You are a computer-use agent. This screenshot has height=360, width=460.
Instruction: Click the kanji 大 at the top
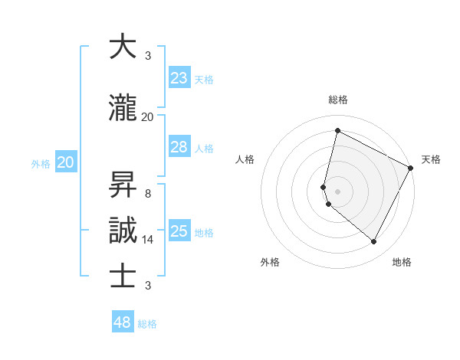coord(123,47)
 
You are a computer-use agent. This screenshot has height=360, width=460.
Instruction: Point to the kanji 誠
coord(123,230)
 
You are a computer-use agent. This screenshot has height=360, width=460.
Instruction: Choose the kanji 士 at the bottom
coord(123,276)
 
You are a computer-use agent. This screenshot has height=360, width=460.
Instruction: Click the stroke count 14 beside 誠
coord(148,240)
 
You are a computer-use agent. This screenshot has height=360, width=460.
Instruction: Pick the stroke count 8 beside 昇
coord(148,194)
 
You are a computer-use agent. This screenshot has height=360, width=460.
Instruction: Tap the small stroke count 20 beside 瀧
coord(148,117)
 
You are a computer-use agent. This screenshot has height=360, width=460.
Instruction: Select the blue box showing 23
coord(179,78)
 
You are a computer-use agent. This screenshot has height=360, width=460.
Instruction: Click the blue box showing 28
coord(179,147)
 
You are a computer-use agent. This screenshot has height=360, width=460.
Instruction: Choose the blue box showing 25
coord(179,231)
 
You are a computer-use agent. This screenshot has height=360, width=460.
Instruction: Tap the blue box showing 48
coord(123,322)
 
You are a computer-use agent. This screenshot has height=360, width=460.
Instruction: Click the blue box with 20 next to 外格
coord(66,162)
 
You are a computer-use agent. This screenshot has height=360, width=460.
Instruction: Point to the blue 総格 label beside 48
coord(147,324)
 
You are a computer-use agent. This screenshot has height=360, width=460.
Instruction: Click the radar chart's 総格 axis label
coord(338,100)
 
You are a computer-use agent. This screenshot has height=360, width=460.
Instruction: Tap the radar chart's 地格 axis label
coord(402,262)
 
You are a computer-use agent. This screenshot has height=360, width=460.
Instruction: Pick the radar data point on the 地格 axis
coord(374,242)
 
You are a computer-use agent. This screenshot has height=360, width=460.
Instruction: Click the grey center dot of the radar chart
coord(337,191)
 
